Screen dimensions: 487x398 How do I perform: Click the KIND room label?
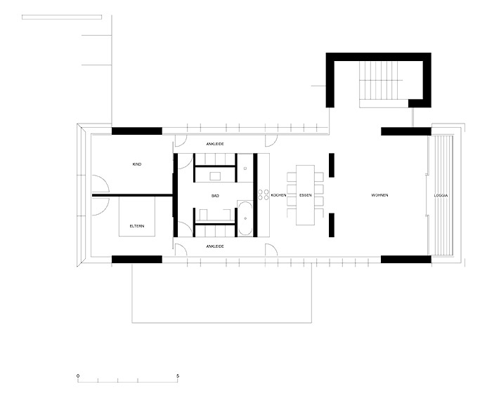pos(136,164)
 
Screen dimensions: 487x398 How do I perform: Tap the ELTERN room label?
pos(137,226)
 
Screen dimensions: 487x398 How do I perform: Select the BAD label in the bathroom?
pos(215,196)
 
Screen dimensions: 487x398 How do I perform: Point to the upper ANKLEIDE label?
pos(215,144)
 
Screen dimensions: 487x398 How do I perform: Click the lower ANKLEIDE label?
pos(215,246)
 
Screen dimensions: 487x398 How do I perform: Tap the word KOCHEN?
pos(278,195)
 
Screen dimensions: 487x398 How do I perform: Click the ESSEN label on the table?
pos(305,195)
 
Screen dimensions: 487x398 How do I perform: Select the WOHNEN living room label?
pos(379,195)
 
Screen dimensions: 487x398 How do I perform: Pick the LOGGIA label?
pos(441,196)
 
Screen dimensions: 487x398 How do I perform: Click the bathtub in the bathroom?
pos(245,218)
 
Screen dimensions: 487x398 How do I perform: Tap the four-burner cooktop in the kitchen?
pos(263,195)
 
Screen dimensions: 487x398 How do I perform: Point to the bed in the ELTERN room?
pos(137,216)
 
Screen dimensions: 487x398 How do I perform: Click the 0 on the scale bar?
pos(78,376)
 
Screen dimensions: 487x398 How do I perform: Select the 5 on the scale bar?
pos(178,376)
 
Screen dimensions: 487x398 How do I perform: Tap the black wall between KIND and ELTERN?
pos(132,195)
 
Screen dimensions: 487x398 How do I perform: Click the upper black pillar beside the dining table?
pos(332,165)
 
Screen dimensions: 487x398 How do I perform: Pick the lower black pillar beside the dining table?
pos(332,225)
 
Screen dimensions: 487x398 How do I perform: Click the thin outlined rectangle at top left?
pos(62,17)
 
